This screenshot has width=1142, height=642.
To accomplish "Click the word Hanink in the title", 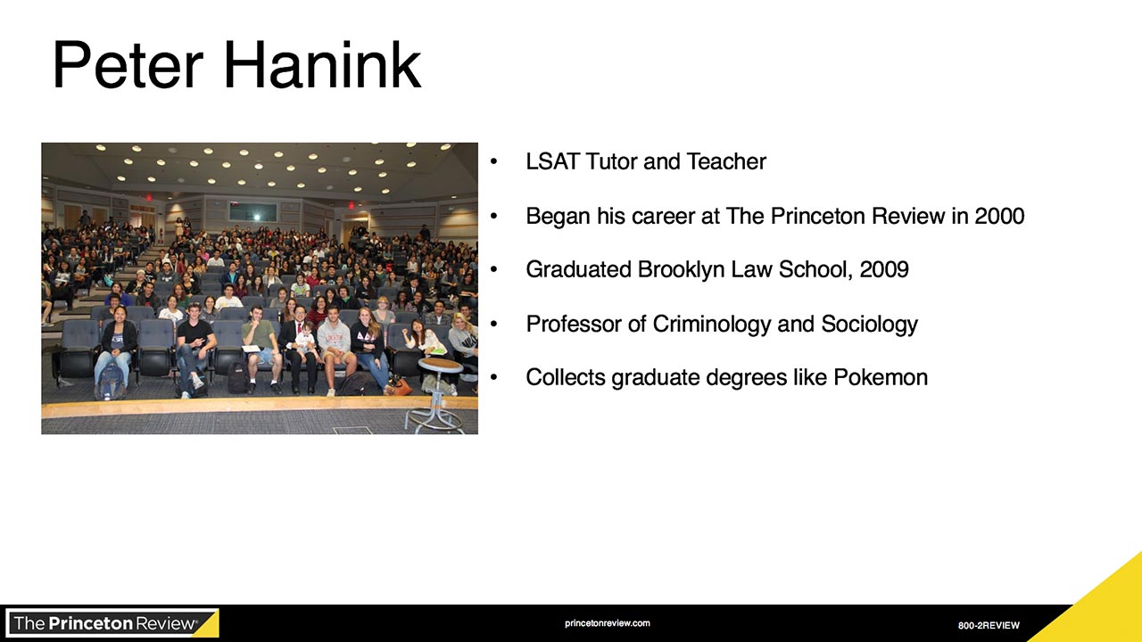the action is coord(323,65).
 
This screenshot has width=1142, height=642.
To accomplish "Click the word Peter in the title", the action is coord(128,65).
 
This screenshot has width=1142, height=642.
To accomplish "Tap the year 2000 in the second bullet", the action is coord(999,216).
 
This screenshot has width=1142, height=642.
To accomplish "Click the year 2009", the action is coord(884,269).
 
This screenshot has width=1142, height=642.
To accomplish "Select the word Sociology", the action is coord(869,325).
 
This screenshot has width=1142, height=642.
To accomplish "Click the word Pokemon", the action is coord(881,377).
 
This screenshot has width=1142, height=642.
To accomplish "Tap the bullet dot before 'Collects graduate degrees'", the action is coord(493,377).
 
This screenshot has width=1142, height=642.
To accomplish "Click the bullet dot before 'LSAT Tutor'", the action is coord(493,161).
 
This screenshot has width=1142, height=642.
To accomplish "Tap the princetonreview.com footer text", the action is coord(608,623).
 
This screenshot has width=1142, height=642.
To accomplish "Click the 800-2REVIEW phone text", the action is coord(989,625).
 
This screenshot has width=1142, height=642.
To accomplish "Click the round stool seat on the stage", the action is coord(441,364).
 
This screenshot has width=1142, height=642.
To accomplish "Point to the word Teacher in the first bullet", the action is coord(726,161).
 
